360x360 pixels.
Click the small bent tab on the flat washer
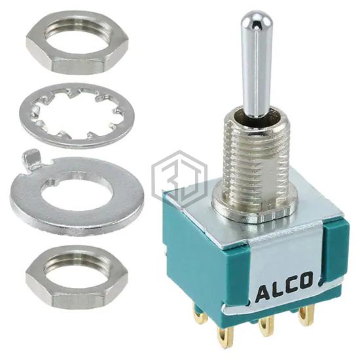point(30,158)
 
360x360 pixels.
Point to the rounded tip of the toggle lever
point(255,21)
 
